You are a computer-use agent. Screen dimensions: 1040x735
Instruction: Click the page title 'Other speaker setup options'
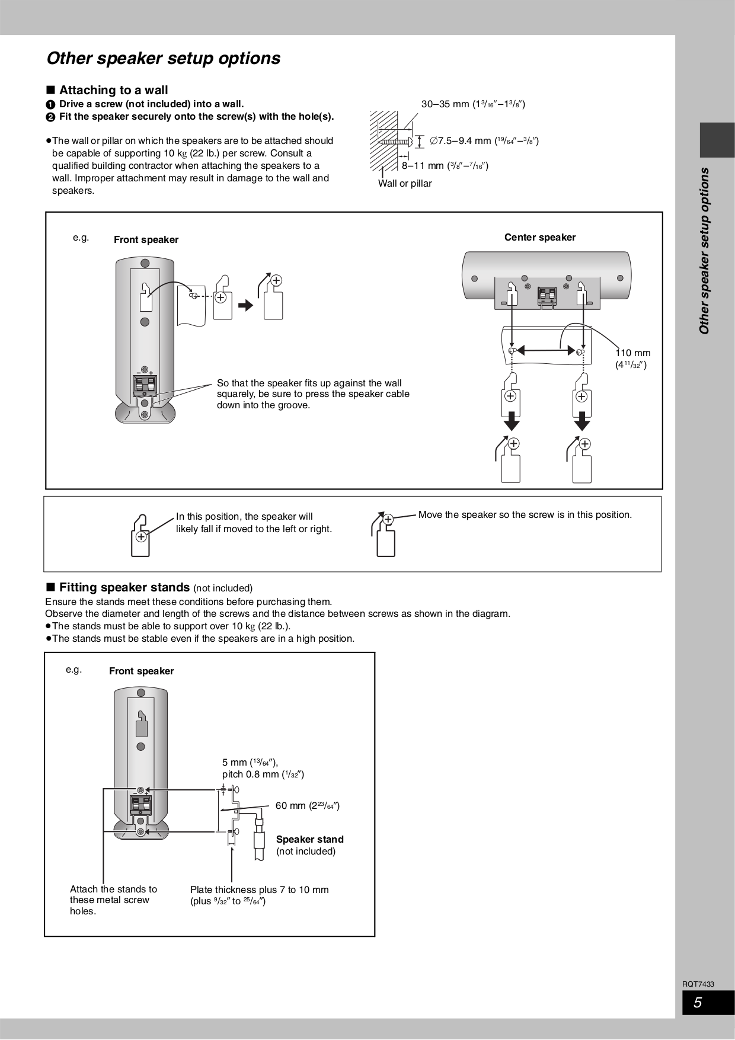pos(163,59)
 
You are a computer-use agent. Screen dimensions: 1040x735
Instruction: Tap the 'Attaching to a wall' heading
pos(113,90)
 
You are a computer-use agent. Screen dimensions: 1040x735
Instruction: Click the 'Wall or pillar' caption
pos(405,184)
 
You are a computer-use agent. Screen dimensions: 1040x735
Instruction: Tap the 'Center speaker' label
pos(539,238)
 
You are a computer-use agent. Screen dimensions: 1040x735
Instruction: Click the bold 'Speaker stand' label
pos(309,839)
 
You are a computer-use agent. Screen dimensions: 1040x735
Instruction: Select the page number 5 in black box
pos(699,1003)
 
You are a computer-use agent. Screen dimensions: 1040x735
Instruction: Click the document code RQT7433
pos(698,984)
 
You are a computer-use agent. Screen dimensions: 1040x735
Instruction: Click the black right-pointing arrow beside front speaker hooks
pos(245,305)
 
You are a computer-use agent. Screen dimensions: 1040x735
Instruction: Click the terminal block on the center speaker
pos(547,295)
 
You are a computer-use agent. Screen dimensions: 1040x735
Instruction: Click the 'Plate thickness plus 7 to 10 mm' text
pos(259,889)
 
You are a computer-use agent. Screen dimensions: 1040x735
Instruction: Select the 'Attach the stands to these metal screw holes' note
pos(113,900)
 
